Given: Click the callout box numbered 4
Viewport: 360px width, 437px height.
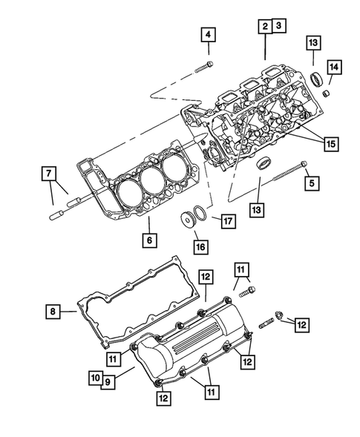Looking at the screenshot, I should [x=208, y=34].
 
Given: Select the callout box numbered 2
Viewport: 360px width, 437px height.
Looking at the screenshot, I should [x=264, y=27].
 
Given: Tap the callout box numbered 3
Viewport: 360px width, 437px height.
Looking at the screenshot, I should [x=278, y=27].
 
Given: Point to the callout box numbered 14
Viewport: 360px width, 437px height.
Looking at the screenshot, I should [x=334, y=68].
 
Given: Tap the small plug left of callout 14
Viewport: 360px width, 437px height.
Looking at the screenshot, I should [x=323, y=95].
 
